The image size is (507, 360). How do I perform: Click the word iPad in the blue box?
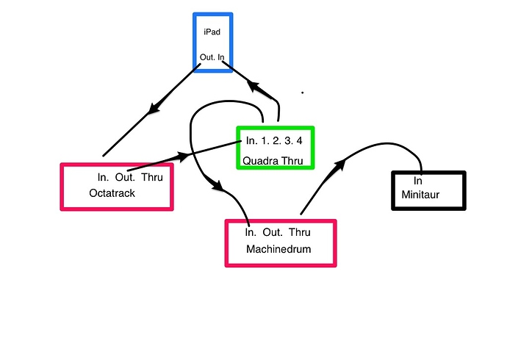212,32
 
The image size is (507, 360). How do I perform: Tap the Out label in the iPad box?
206,57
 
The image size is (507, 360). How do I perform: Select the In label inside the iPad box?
220,57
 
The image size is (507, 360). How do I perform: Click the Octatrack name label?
112,193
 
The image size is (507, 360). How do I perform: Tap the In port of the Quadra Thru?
252,140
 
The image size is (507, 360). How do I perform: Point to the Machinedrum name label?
278,249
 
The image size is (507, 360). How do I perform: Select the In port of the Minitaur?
417,181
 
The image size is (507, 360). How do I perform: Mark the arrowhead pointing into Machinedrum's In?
217,187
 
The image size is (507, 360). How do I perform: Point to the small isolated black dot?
303,93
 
